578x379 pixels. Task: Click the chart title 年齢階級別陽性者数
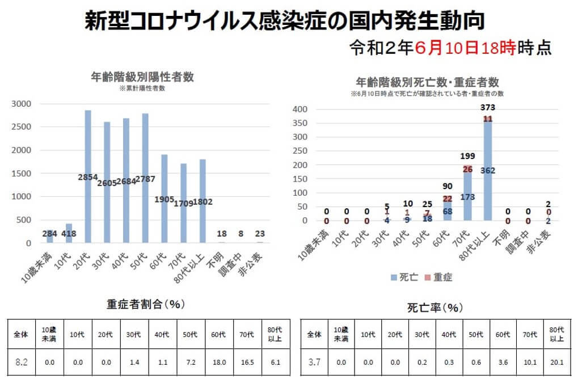(142, 78)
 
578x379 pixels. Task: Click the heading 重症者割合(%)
(146, 304)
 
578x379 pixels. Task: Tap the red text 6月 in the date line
(428, 48)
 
